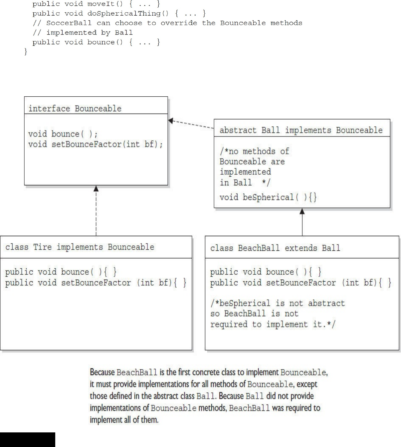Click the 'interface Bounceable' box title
click(75, 109)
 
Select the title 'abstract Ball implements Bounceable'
click(301, 130)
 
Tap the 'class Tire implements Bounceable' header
click(80, 247)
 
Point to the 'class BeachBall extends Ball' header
click(275, 248)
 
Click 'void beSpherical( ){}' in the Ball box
click(268, 197)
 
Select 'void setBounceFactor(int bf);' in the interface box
click(96, 144)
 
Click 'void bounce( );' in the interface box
click(63, 134)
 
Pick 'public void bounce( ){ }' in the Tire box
click(61, 272)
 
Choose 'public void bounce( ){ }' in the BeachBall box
click(266, 272)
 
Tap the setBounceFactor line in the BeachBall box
click(301, 283)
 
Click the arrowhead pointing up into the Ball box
click(302, 212)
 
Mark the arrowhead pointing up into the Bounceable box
click(96, 189)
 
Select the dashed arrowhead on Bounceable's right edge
click(171, 121)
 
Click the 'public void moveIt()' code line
click(96, 4)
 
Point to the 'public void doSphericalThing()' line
click(119, 13)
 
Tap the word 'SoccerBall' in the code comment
click(69, 23)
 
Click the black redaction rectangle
click(27, 439)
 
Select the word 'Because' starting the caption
click(102, 372)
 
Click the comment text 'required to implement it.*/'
click(273, 324)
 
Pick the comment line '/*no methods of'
click(254, 151)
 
